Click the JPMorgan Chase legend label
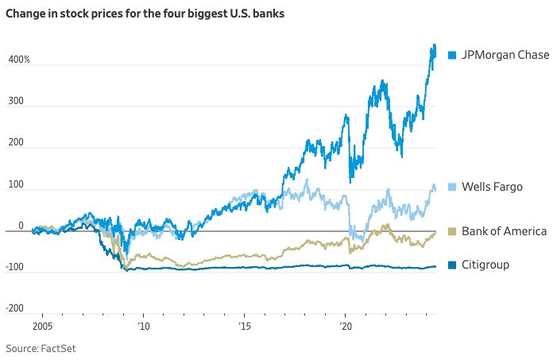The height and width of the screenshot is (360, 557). [x=505, y=55]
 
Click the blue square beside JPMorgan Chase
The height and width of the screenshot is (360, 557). [x=452, y=55]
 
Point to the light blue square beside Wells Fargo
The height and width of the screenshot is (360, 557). [x=452, y=186]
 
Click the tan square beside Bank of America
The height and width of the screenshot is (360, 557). [x=452, y=230]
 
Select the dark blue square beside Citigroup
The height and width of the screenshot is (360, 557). [x=452, y=264]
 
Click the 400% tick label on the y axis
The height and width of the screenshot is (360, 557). [x=19, y=60]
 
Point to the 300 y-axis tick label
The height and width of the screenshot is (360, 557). [x=16, y=103]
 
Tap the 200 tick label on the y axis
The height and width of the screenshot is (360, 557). [x=16, y=145]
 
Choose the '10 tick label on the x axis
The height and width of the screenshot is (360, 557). [x=143, y=327]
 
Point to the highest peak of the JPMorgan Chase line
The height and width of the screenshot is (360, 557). [x=433, y=45]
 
